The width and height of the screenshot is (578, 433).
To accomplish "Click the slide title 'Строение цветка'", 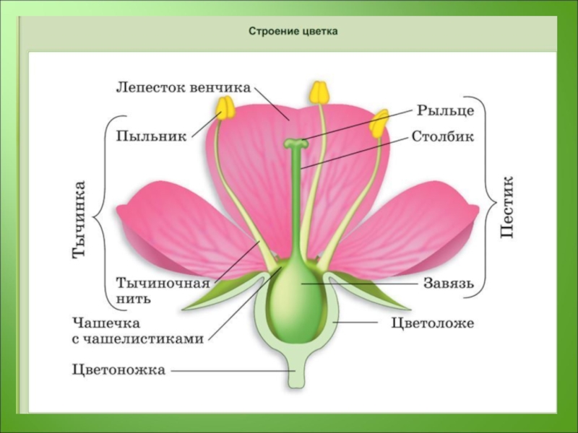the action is tap(293, 32).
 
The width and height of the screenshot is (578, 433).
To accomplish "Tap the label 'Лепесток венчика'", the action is tap(184, 88).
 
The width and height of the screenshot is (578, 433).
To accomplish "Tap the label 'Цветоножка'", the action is tap(119, 370).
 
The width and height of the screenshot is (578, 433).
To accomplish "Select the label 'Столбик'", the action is tap(443, 137).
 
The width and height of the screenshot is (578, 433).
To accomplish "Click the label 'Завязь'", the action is tap(449, 284).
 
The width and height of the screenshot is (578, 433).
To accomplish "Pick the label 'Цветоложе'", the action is tap(433, 323).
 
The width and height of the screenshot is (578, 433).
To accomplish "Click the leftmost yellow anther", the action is tap(227, 108).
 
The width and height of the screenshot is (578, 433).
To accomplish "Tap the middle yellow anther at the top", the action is tap(319, 92).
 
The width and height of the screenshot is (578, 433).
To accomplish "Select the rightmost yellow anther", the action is tap(378, 124).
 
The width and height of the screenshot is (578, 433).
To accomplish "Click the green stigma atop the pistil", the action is tap(295, 144).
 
